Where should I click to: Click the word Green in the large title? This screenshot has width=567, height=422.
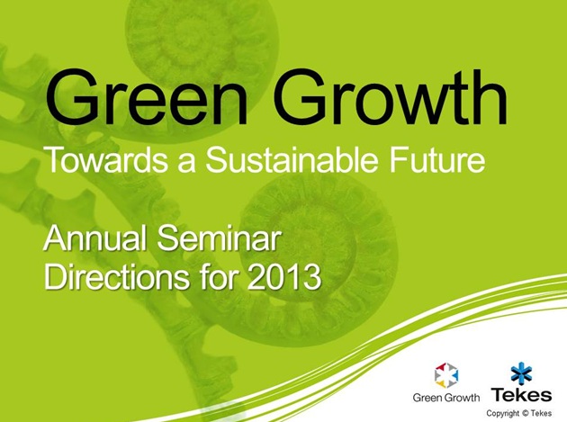(x=147, y=97)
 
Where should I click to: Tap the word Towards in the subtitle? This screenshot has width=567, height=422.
(x=107, y=158)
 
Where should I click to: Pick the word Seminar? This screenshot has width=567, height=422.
(x=219, y=238)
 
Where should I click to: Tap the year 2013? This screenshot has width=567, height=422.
(x=284, y=277)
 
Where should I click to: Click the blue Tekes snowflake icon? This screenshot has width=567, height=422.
(x=521, y=373)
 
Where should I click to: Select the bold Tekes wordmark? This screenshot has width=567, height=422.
(x=521, y=395)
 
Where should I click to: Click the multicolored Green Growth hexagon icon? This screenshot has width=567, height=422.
(x=445, y=375)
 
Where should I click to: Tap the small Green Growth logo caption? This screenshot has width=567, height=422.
(x=445, y=398)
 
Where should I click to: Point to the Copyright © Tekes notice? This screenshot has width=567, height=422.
(x=519, y=413)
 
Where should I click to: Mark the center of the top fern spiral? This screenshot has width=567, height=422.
(x=202, y=38)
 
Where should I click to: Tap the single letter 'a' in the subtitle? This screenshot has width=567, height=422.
(x=186, y=162)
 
